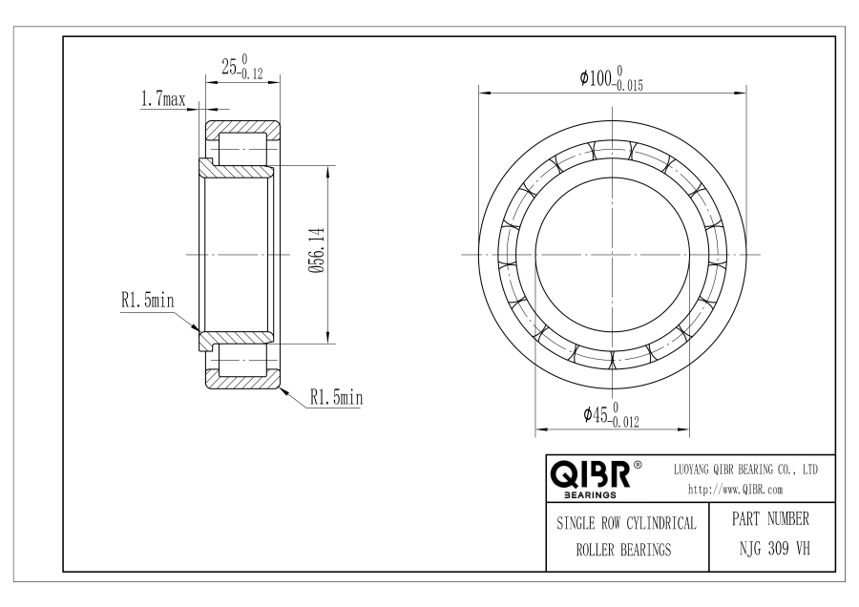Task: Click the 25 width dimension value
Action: (x=229, y=67)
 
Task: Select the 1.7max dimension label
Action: (x=163, y=99)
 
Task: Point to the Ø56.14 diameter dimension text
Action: (x=317, y=251)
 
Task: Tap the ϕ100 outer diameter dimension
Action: (x=596, y=78)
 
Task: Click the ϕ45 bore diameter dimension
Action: (x=596, y=415)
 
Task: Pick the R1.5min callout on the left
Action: (x=147, y=301)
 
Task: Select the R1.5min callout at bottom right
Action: (x=336, y=397)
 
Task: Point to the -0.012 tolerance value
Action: (x=624, y=423)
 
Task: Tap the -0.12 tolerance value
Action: (x=251, y=73)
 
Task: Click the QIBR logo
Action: (x=591, y=474)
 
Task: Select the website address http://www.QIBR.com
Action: (x=735, y=490)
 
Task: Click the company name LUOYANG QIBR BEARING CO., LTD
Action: (x=745, y=470)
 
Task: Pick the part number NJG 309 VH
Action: (x=774, y=549)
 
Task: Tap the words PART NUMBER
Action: (x=770, y=518)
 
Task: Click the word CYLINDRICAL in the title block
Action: (x=661, y=523)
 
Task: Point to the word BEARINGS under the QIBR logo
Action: (x=590, y=495)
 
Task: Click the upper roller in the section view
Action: (x=243, y=149)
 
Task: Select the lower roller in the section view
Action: (x=243, y=360)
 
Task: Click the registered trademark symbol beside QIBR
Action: (x=638, y=466)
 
